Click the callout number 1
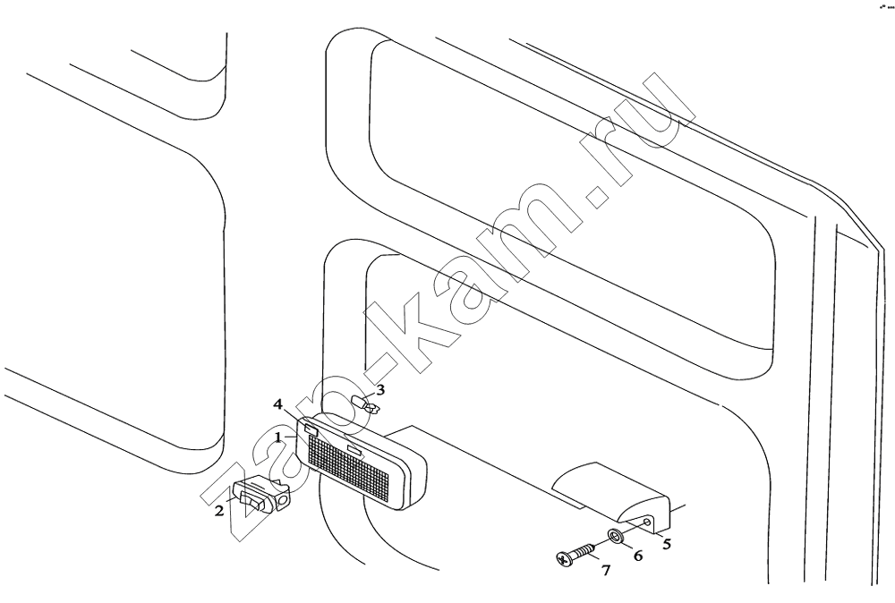pyautogui.click(x=278, y=437)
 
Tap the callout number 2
pyautogui.click(x=220, y=511)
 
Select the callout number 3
pyautogui.click(x=380, y=390)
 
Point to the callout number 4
pyautogui.click(x=278, y=404)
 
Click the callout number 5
pyautogui.click(x=666, y=544)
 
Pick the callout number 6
pyautogui.click(x=637, y=555)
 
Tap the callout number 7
pyautogui.click(x=606, y=569)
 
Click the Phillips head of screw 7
pyautogui.click(x=563, y=560)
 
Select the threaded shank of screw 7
pyautogui.click(x=581, y=550)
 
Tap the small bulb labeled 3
pyautogui.click(x=365, y=404)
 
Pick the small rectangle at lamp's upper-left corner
pyautogui.click(x=311, y=428)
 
